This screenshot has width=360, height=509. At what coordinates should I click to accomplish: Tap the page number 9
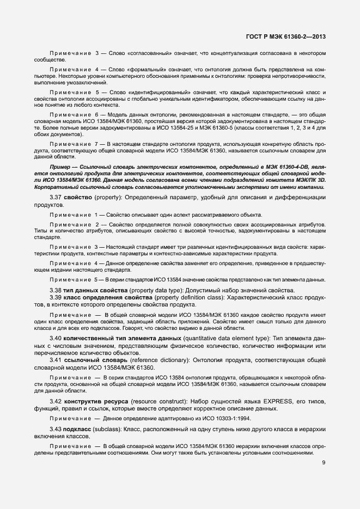tap(324, 463)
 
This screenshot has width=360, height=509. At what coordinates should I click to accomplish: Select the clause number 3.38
tap(55, 290)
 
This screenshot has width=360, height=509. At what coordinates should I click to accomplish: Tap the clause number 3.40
tap(55, 339)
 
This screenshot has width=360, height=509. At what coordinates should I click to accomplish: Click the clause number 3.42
tap(55, 401)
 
